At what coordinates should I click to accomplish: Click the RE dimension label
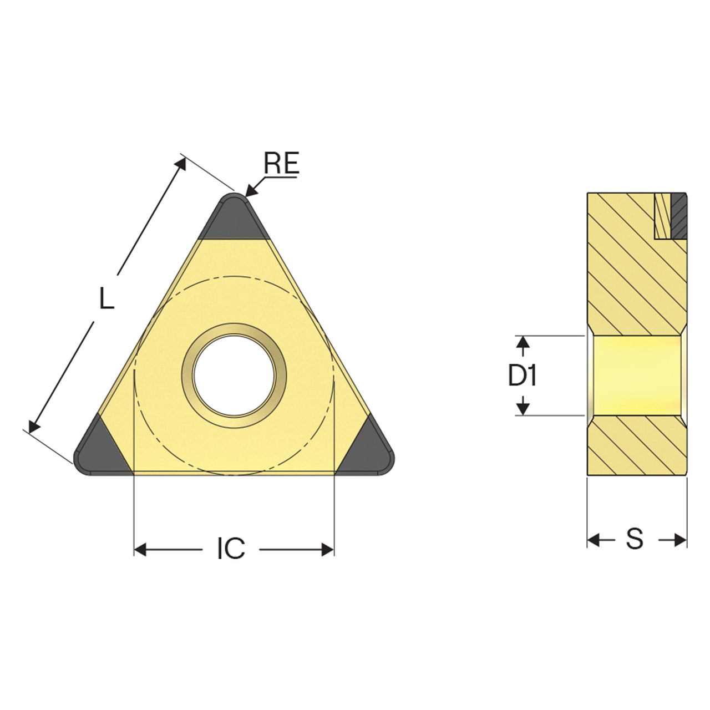(x=281, y=163)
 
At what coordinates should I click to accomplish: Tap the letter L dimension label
(x=107, y=298)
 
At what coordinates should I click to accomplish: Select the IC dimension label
(x=231, y=549)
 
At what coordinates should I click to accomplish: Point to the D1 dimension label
(x=523, y=376)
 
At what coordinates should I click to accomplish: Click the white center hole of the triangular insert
(x=234, y=376)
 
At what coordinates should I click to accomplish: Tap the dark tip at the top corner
(x=234, y=217)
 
